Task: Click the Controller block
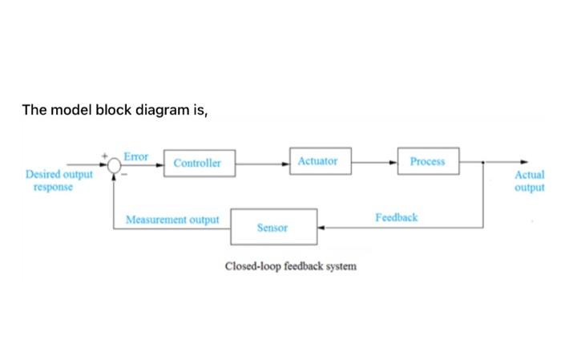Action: tap(198, 163)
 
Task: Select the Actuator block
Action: tap(317, 161)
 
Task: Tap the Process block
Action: tap(427, 161)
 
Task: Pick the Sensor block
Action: tap(273, 227)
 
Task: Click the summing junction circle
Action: tap(115, 164)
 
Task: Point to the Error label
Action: tap(135, 156)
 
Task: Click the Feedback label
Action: tap(396, 217)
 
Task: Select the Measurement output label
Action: tap(172, 219)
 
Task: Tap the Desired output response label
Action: tap(59, 180)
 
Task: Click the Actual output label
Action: tap(530, 180)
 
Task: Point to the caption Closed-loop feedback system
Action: tap(290, 265)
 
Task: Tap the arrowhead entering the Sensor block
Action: tap(321, 228)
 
